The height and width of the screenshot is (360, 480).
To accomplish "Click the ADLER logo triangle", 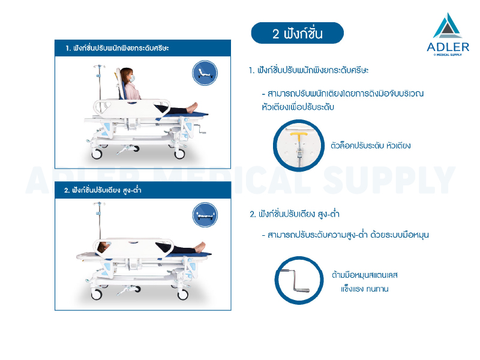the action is [448, 26].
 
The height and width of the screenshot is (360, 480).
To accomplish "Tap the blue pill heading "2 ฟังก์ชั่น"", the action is [297, 33].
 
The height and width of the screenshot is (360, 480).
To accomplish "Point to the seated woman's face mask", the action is [132, 79].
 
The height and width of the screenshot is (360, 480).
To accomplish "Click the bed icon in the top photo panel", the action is [205, 73].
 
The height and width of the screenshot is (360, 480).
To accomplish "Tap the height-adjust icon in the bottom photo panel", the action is [205, 215].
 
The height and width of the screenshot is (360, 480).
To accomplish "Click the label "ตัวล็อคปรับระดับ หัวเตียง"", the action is [370, 145].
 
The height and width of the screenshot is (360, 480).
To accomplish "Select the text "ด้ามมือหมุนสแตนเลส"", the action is [365, 275].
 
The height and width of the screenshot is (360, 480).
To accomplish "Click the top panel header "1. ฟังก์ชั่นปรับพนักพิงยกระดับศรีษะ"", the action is [117, 48].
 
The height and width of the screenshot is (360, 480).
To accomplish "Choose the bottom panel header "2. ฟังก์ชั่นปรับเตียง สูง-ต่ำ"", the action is [103, 190].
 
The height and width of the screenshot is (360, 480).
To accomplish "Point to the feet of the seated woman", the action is [192, 108].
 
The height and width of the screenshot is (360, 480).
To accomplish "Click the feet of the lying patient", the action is [200, 247].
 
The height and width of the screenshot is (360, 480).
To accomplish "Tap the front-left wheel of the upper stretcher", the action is [97, 154].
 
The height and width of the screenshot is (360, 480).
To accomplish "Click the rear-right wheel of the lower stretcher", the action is [183, 295].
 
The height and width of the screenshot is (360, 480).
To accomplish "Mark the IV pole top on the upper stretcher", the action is [100, 67].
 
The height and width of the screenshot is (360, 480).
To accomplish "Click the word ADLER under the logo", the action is [448, 47].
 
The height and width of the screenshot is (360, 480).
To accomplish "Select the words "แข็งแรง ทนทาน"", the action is [365, 289].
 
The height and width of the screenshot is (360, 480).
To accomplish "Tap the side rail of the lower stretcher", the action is [133, 248].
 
